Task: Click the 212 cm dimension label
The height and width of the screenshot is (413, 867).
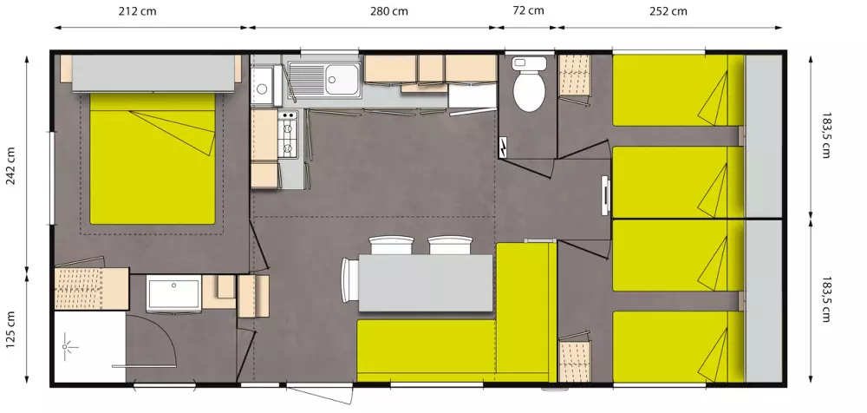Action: (137, 11)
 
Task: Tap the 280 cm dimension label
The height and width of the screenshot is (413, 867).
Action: (388, 11)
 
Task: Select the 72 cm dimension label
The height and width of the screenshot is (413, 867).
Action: (528, 10)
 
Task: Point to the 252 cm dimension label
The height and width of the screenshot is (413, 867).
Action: (668, 11)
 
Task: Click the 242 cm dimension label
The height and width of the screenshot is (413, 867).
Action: (11, 167)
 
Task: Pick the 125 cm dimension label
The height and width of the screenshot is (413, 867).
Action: (11, 330)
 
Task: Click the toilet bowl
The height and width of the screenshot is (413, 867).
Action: (529, 86)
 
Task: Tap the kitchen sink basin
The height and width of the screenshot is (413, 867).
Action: (342, 80)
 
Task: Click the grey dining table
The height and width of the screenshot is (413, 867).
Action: (425, 282)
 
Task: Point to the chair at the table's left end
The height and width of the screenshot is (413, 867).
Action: (349, 281)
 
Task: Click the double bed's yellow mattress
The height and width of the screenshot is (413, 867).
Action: (152, 158)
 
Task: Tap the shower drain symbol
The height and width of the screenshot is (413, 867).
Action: (68, 346)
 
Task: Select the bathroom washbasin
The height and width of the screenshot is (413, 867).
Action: (173, 294)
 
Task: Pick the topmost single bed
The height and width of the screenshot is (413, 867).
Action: (679, 90)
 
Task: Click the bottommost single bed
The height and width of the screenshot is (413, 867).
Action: (679, 346)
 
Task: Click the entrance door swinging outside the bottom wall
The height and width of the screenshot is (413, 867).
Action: (320, 394)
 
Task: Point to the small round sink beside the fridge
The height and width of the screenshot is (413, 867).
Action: (262, 88)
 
